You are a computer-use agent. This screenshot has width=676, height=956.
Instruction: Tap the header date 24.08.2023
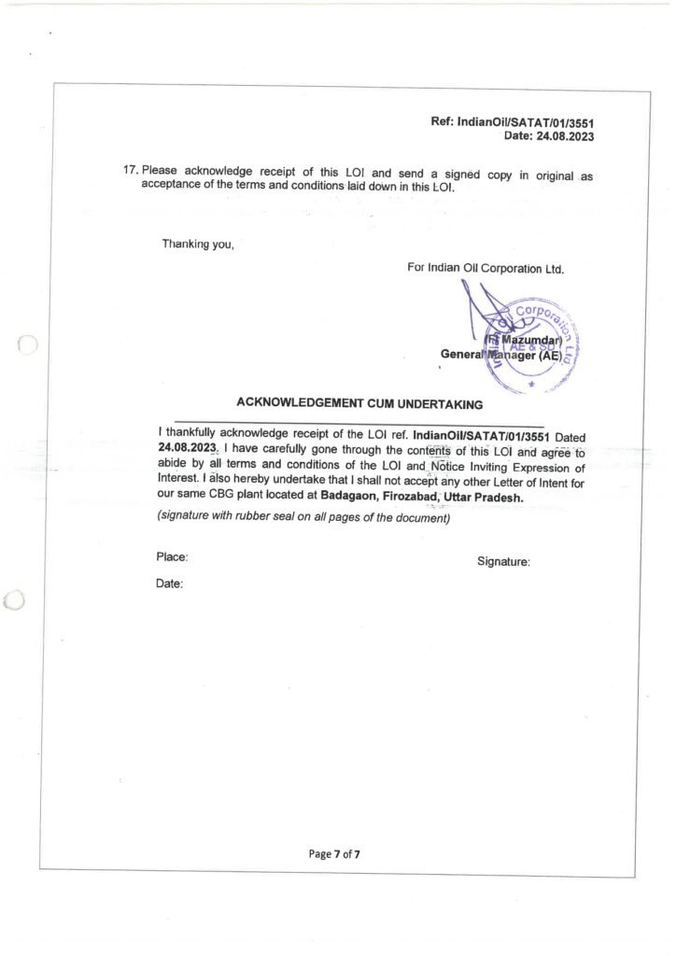pyautogui.click(x=563, y=135)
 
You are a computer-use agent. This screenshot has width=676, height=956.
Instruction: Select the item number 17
pyautogui.click(x=131, y=171)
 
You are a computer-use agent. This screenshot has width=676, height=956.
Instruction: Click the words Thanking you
pyautogui.click(x=198, y=245)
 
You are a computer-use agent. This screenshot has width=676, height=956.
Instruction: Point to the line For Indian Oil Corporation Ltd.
pyautogui.click(x=486, y=268)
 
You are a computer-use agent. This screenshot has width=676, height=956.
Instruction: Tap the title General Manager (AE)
pyautogui.click(x=501, y=355)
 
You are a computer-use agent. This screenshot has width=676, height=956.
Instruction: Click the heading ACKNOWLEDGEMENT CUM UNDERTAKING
pyautogui.click(x=359, y=404)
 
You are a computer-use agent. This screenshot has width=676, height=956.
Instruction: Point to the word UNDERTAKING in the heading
pyautogui.click(x=437, y=404)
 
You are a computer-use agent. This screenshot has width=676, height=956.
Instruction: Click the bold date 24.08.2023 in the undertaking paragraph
pyautogui.click(x=188, y=448)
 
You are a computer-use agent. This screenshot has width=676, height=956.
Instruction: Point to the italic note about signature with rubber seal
pyautogui.click(x=303, y=517)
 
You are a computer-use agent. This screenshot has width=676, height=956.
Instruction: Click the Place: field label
pyautogui.click(x=172, y=557)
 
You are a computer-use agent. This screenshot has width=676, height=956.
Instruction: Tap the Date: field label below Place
pyautogui.click(x=169, y=583)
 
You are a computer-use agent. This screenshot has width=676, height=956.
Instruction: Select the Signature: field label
pyautogui.click(x=503, y=562)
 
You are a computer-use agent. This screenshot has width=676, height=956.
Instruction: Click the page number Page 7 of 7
pyautogui.click(x=334, y=853)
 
